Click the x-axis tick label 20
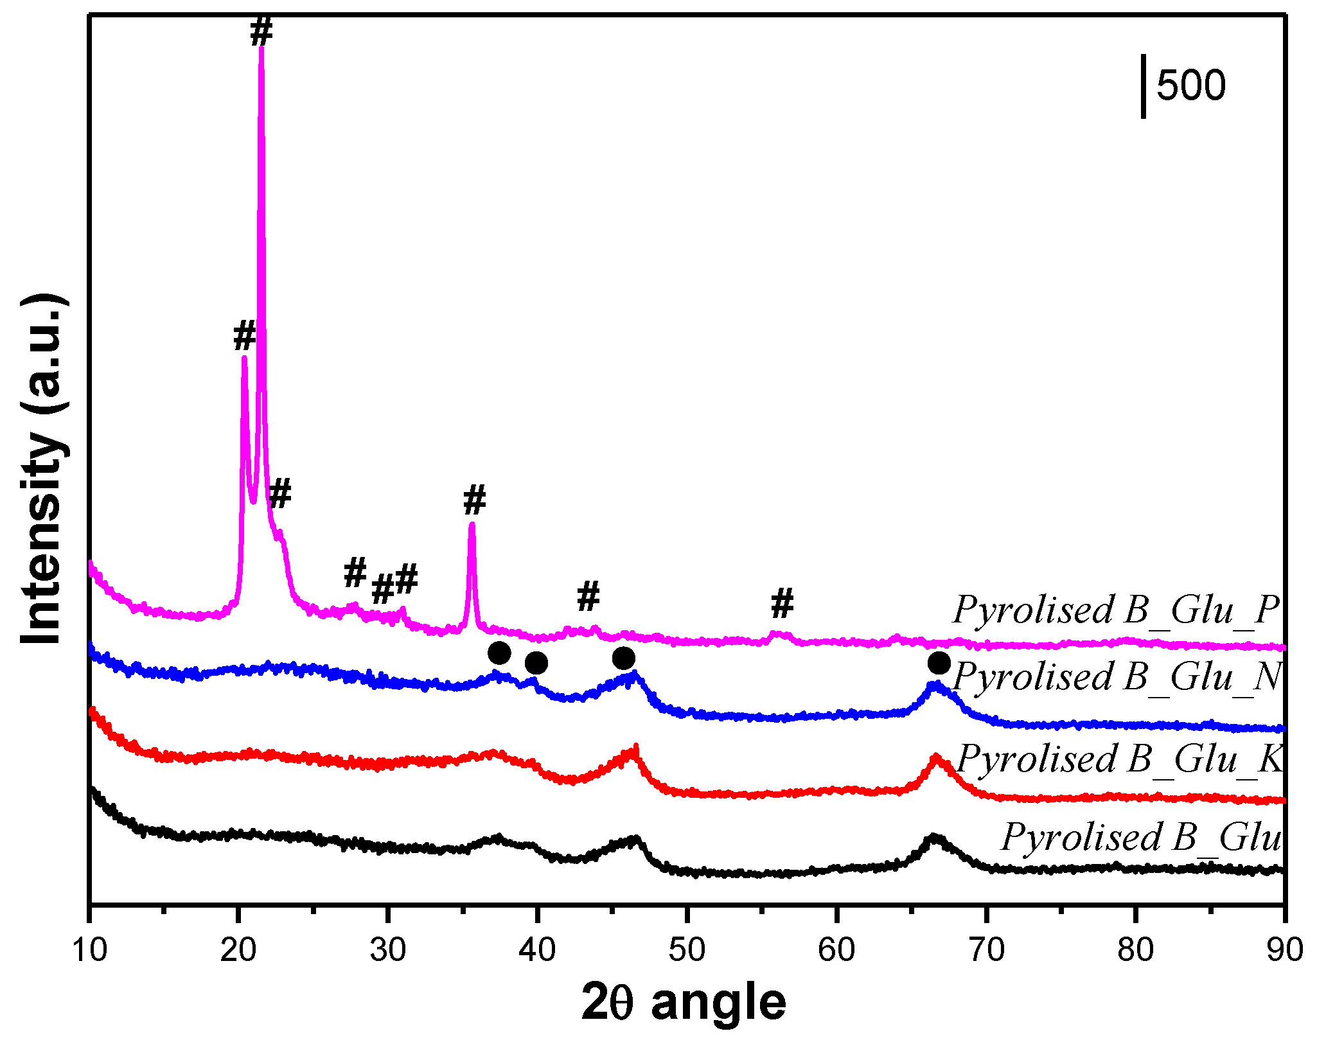click(238, 949)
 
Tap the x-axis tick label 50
click(686, 949)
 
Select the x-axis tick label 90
click(1284, 949)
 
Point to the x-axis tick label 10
click(89, 949)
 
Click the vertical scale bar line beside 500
click(1144, 87)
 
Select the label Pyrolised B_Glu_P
click(1117, 609)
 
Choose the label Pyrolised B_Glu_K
click(1119, 759)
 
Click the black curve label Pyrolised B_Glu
click(1141, 837)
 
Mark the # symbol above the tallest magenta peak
click(261, 31)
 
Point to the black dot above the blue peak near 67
click(939, 662)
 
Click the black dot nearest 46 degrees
click(623, 658)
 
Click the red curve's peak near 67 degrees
click(935, 759)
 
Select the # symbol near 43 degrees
click(588, 596)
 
